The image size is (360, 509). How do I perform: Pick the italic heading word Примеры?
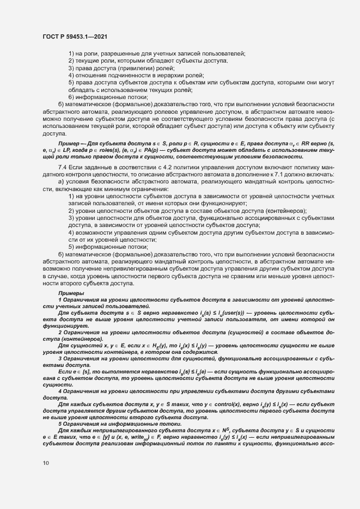[x=70, y=293]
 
